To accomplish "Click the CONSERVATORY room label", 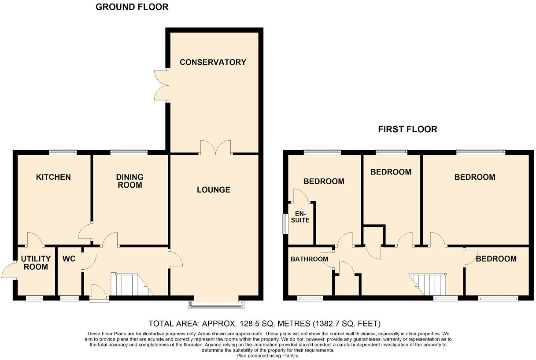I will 213,62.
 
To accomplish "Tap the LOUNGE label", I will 213,190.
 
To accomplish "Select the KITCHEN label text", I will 53,177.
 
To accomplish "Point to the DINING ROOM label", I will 130,181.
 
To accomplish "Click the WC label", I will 70,258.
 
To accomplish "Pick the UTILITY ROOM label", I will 36,263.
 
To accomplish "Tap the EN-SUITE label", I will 302,216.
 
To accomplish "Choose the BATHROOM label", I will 309,259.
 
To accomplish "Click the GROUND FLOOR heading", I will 132,7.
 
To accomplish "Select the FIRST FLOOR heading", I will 408,129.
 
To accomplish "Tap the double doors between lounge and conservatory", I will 216,147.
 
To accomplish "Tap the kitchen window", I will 63,152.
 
